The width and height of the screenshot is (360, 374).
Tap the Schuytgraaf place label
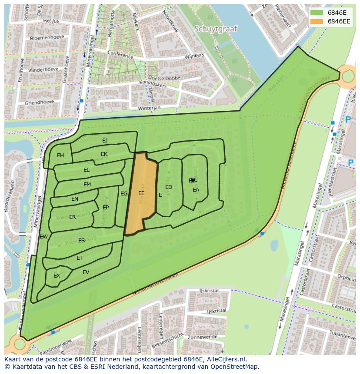pyautogui.click(x=216, y=29)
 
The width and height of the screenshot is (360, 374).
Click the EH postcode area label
pyautogui.click(x=60, y=156)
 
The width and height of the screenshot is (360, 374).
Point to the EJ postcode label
pyautogui.click(x=105, y=140)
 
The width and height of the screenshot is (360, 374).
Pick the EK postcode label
pyautogui.click(x=104, y=154)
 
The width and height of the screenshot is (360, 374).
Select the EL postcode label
pyautogui.click(x=87, y=170)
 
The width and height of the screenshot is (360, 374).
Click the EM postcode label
pyautogui.click(x=87, y=185)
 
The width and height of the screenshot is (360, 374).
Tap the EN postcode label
pyautogui.click(x=75, y=199)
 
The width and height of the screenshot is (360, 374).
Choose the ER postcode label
pyautogui.click(x=72, y=217)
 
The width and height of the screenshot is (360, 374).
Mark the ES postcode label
pyautogui.click(x=81, y=241)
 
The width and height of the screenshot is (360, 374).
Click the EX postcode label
pyautogui.click(x=57, y=276)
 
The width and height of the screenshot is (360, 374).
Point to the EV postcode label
pyautogui.click(x=86, y=272)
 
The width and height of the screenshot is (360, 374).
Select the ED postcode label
pyautogui.click(x=169, y=187)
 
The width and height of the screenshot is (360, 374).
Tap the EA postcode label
pyautogui.click(x=196, y=190)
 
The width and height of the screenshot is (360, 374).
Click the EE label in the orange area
pyautogui.click(x=141, y=193)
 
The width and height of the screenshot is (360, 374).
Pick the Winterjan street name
pyautogui.click(x=149, y=107)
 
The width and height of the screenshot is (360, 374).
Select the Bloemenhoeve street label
pyautogui.click(x=44, y=38)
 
